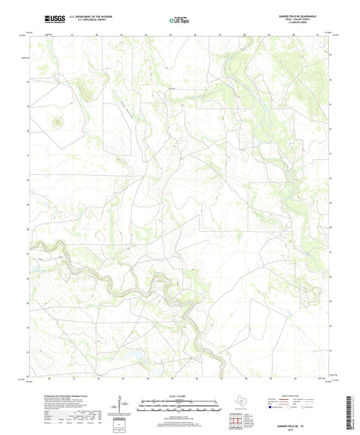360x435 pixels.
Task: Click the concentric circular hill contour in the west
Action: [57, 122]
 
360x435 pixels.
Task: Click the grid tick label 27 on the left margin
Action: [28, 253]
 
